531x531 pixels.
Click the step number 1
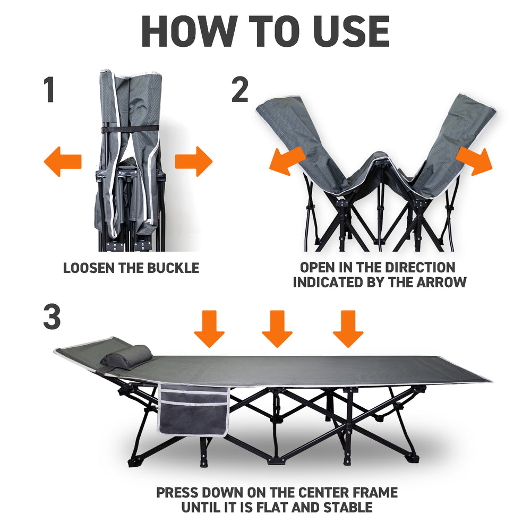pyautogui.click(x=49, y=90)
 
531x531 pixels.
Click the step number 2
pyautogui.click(x=240, y=90)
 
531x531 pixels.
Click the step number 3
pyautogui.click(x=52, y=316)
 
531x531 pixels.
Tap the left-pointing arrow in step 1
pyautogui.click(x=62, y=162)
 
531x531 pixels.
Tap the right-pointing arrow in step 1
pyautogui.click(x=194, y=162)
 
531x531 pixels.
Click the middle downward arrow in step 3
pyautogui.click(x=277, y=328)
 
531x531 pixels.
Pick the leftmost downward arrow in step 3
pyautogui.click(x=209, y=328)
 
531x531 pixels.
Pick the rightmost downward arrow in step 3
pyautogui.click(x=348, y=328)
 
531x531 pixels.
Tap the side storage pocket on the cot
pyautogui.click(x=194, y=412)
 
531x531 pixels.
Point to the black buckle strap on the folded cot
pyautogui.click(x=130, y=129)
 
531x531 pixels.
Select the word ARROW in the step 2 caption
pyautogui.click(x=442, y=282)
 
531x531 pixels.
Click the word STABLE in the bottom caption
pyautogui.click(x=346, y=508)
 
